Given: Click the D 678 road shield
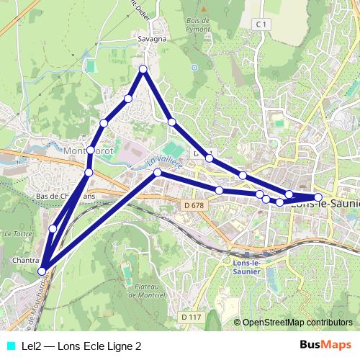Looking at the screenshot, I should [x=188, y=206].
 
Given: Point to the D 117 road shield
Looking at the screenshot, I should [x=191, y=317].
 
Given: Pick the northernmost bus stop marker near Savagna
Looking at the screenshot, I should [x=143, y=69].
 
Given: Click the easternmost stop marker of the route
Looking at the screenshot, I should [x=318, y=197].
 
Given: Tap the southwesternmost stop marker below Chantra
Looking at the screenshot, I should [x=42, y=271].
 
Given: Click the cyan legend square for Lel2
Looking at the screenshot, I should [x=11, y=346].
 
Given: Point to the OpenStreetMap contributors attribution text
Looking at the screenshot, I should [x=297, y=323].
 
